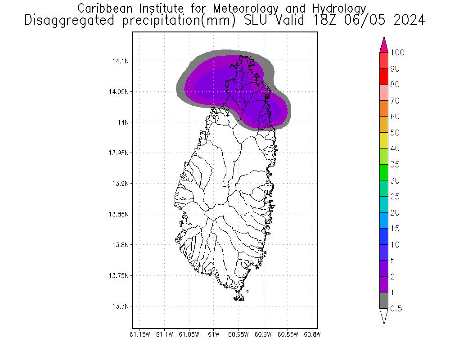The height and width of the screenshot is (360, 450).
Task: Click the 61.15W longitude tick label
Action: coord(139,334)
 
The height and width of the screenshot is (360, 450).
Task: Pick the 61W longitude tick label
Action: coord(214,334)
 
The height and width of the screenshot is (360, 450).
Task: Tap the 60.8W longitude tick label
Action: coord(312,334)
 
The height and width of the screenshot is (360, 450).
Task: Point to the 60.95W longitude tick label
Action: coord(238,334)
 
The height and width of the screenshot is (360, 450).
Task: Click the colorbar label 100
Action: coord(397,53)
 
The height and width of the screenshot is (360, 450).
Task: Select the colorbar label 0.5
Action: coord(396,309)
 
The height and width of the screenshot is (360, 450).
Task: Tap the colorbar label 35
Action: coord(395,165)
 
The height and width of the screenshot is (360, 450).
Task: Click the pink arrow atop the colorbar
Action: coord(384,45)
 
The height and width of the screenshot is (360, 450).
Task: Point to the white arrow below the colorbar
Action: coord(384,316)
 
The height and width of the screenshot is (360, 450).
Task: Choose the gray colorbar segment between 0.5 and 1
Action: coord(384,301)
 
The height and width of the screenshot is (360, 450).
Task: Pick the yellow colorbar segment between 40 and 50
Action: coord(384,140)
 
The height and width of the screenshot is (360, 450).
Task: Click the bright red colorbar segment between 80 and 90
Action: coord(384,76)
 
